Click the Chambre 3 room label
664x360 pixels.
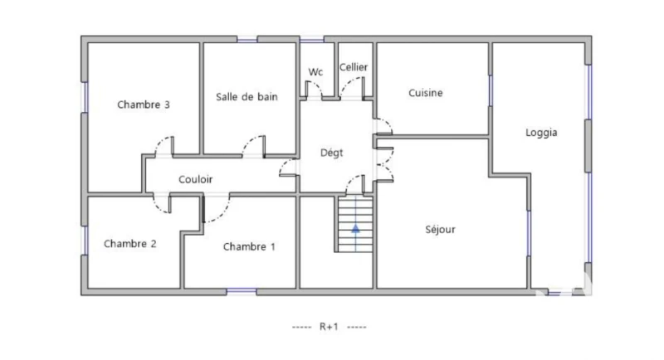(x=143, y=105)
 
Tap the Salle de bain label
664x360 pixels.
(x=247, y=97)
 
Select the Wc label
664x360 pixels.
(x=315, y=72)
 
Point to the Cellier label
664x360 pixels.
(x=354, y=67)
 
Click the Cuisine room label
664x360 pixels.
(x=426, y=93)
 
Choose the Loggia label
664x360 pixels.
(x=541, y=133)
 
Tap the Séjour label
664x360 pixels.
(x=441, y=229)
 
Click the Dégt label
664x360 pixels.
(x=331, y=153)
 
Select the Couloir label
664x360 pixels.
(x=195, y=179)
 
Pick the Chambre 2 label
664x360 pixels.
(x=130, y=244)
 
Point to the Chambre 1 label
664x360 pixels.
(x=249, y=246)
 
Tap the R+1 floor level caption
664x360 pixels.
(x=329, y=327)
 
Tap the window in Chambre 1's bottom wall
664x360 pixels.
(x=242, y=292)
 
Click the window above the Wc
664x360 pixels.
(x=312, y=39)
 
